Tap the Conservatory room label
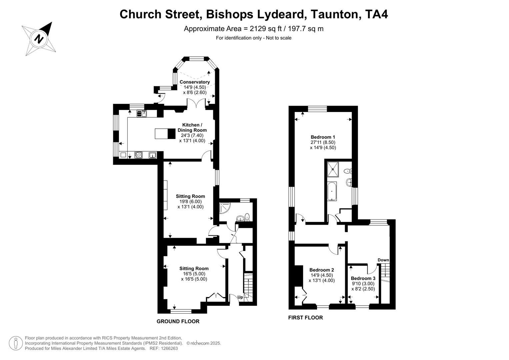[x=195, y=82]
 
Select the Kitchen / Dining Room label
[x=192, y=128]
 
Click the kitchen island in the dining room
[x=165, y=133]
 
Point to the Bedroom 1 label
[x=323, y=137]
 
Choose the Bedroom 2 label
[x=322, y=270]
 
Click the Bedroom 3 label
[x=363, y=278]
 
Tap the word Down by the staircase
[x=383, y=260]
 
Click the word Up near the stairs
[x=240, y=297]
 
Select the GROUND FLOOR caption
[x=178, y=321]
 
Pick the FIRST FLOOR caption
[x=305, y=318]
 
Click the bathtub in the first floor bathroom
[x=332, y=191]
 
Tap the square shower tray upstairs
[x=333, y=169]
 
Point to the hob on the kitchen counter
[x=138, y=155]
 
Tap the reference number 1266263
[x=169, y=348]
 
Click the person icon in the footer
[x=15, y=343]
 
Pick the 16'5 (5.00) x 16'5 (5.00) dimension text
[x=194, y=276]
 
